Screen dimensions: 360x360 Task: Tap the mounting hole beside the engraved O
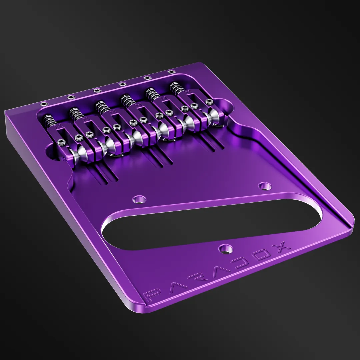click(225, 249)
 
